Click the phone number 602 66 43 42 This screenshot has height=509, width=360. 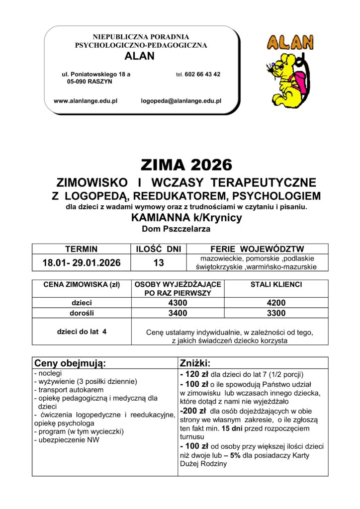(202, 74)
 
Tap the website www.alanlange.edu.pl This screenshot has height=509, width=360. (85, 101)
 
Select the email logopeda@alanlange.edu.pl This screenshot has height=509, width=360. (181, 101)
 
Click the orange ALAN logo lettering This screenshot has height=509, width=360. (290, 43)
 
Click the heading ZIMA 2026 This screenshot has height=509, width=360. (186, 164)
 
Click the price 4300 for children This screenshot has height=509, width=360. (178, 303)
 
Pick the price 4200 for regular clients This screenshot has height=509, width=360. (276, 303)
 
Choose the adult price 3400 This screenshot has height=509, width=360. (178, 313)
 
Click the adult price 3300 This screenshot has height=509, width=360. (276, 313)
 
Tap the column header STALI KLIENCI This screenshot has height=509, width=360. (276, 285)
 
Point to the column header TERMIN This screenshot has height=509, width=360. (82, 249)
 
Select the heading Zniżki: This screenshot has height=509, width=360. (195, 363)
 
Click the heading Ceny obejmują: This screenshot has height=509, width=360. (70, 363)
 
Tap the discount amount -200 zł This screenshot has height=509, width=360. (193, 411)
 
